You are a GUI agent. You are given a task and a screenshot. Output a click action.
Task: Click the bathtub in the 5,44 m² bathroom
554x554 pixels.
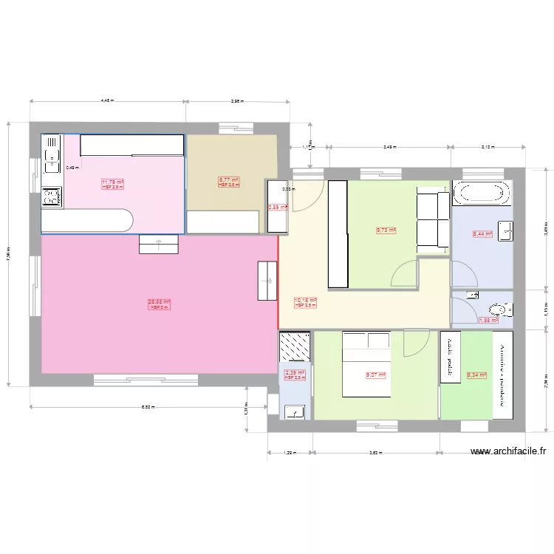point(481,194)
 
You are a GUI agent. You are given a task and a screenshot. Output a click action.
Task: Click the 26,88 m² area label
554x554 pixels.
point(159,301)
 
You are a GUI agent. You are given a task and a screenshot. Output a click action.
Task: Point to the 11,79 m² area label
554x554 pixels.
point(112,182)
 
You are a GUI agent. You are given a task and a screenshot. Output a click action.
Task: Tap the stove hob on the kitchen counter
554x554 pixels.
point(52,196)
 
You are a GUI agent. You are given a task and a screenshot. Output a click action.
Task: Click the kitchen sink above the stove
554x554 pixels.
point(51,156)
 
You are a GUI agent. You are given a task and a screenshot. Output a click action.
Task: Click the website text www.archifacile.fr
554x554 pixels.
point(511,452)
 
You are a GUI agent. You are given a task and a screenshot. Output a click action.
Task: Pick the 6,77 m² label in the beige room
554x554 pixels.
point(228,179)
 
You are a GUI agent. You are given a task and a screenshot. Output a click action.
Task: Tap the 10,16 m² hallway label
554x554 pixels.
point(305,301)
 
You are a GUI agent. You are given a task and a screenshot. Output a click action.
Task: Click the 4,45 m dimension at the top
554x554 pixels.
point(108,101)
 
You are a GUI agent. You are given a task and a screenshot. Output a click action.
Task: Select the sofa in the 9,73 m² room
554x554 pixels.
point(432,220)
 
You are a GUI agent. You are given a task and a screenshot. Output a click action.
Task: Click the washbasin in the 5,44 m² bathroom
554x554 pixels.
point(505,230)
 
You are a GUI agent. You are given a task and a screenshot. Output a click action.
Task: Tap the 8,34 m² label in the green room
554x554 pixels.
point(476,375)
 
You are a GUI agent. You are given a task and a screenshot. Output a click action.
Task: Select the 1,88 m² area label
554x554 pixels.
point(488,321)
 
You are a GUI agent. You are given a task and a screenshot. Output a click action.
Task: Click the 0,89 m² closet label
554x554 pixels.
point(278,208)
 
